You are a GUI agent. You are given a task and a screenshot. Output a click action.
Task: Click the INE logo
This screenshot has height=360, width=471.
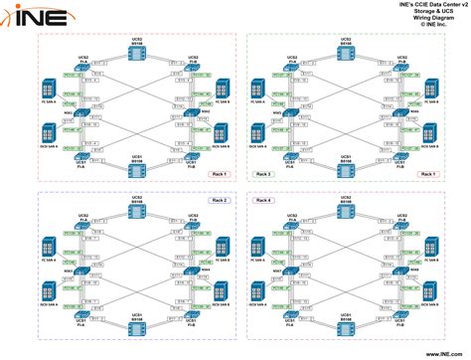(x=36, y=17)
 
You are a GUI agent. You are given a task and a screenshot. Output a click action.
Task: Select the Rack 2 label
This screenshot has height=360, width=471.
(x=221, y=201)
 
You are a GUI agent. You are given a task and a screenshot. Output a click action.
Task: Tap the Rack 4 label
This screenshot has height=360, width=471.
(x=263, y=201)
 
